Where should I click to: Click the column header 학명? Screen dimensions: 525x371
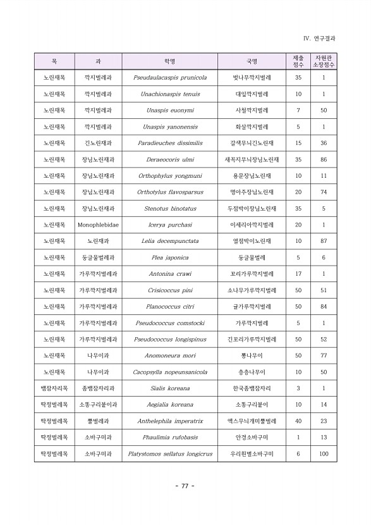coord(170,61)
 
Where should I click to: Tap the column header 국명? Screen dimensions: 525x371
coord(252,61)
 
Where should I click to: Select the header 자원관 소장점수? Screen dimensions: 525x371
coord(324,61)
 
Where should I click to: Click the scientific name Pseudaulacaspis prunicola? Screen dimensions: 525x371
coord(170,78)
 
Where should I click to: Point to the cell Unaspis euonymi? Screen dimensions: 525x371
coord(170,110)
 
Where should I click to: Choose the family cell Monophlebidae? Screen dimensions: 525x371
coord(98,225)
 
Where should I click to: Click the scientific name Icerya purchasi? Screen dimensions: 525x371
coord(170,225)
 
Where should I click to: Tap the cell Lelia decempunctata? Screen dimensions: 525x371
coord(170,241)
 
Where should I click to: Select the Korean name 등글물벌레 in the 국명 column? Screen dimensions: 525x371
coord(252,257)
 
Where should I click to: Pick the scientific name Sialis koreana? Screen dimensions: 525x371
coord(170,388)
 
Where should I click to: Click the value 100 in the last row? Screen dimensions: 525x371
coord(324,454)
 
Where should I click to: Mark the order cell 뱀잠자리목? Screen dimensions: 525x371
coord(54,388)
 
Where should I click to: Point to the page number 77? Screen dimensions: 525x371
coord(185,486)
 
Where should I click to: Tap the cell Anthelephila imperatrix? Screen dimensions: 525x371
coord(170,421)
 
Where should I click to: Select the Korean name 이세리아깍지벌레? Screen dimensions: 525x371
coord(252,225)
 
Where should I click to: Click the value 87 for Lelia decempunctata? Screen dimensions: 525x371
coord(324,241)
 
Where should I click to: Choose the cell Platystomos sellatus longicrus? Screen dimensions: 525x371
coord(170,454)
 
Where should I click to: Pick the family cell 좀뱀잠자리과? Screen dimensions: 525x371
coord(98,388)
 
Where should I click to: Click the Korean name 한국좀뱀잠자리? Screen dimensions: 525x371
coord(252,388)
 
